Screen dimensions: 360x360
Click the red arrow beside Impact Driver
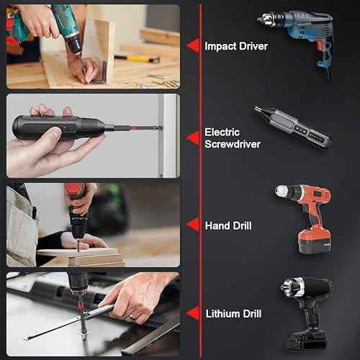(x=192, y=45)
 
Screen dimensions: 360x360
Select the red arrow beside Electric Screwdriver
(x=192, y=136)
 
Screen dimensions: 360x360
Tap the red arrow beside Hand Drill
(x=192, y=225)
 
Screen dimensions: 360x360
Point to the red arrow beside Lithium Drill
(x=192, y=313)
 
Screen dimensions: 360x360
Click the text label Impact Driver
(x=236, y=46)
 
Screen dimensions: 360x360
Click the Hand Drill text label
(x=228, y=225)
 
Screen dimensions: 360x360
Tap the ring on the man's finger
(x=132, y=316)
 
